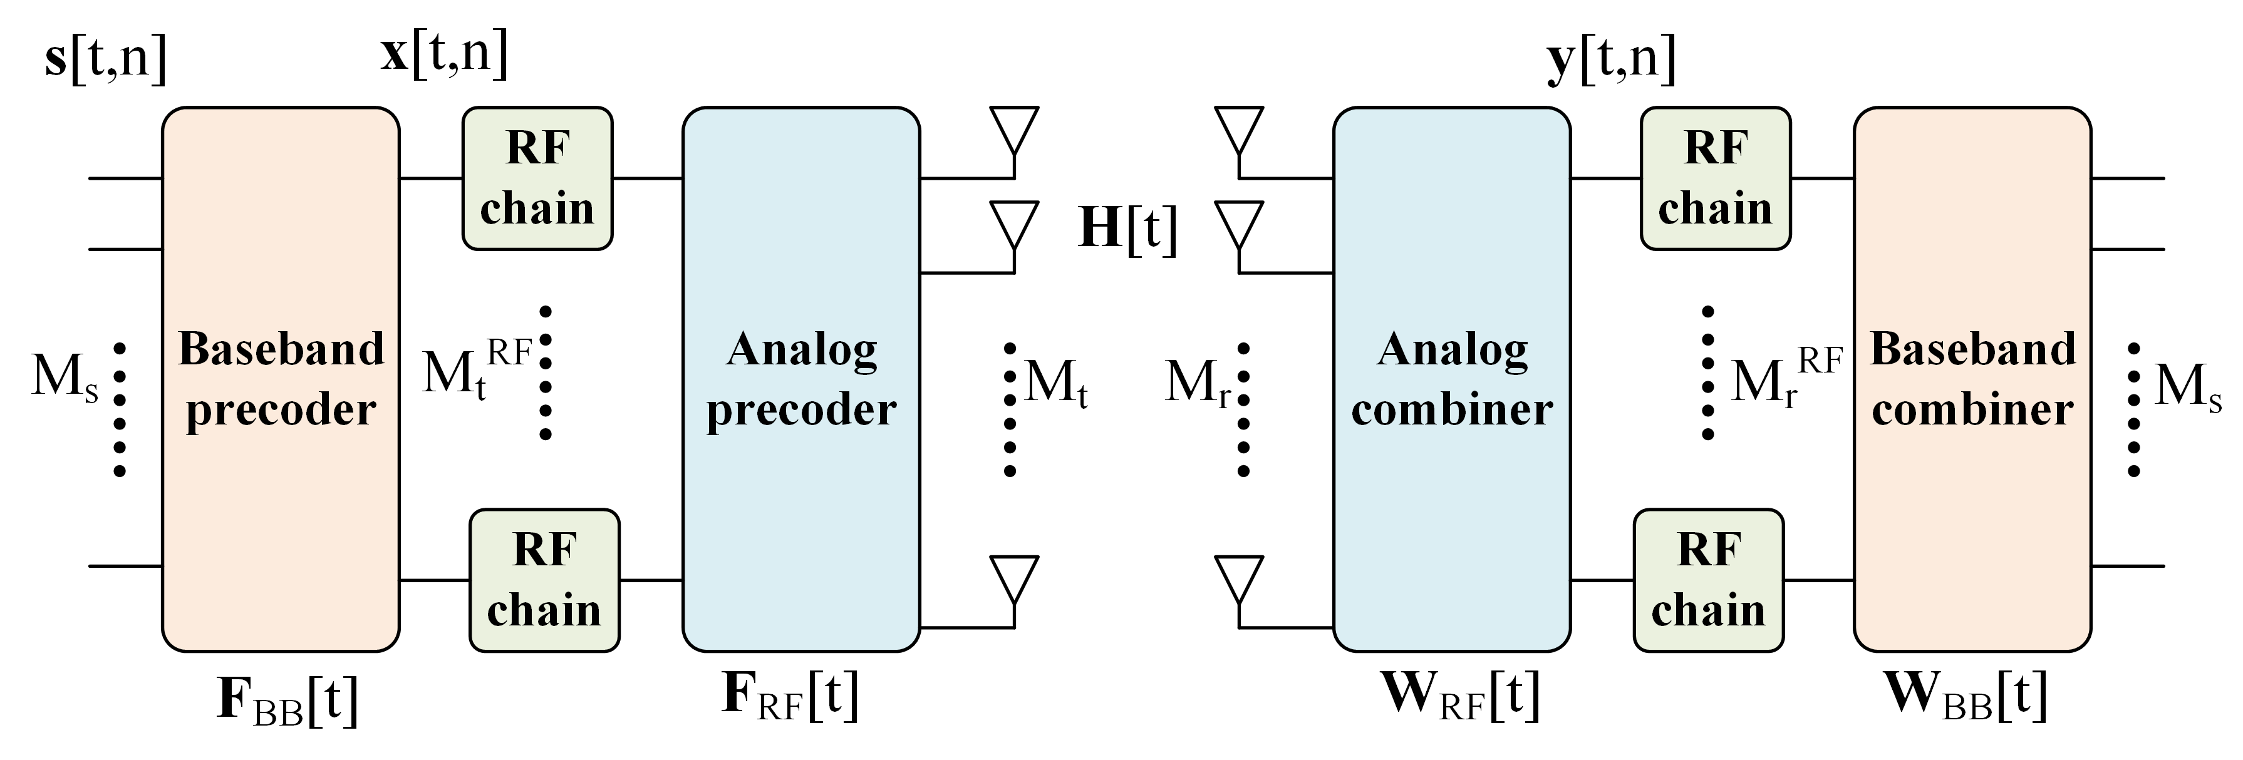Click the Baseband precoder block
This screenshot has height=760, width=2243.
click(281, 379)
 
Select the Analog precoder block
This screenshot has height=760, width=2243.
click(800, 379)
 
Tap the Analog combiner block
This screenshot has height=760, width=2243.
click(1451, 379)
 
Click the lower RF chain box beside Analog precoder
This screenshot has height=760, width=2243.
click(544, 580)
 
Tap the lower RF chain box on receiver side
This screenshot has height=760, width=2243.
click(1707, 580)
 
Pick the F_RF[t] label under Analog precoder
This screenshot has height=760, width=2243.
click(790, 696)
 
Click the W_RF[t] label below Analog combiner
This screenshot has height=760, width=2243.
click(1460, 696)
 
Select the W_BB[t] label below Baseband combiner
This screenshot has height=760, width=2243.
click(1966, 696)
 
